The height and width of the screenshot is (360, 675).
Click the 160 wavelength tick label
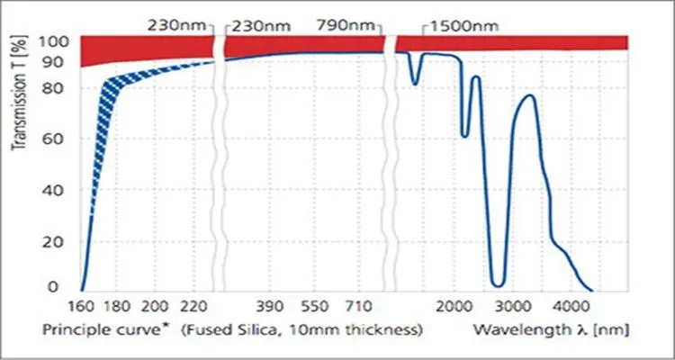82,306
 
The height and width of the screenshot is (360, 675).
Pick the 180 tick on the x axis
119,306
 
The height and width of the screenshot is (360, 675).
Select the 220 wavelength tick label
194,306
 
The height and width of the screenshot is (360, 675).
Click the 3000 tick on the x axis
514,306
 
